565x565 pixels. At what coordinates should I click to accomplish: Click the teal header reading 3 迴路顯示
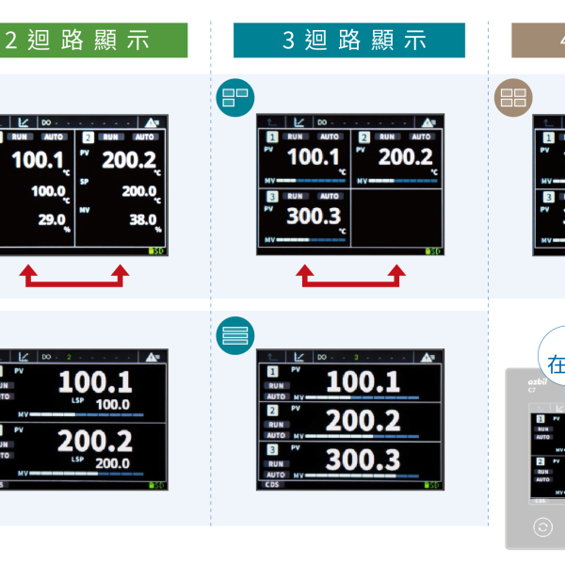(349, 40)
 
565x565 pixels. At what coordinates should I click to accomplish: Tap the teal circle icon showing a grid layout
(235, 96)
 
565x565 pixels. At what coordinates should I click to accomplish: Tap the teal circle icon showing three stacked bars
(235, 333)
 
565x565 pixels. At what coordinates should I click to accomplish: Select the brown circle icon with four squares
(513, 96)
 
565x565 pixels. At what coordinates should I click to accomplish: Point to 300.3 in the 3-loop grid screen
(314, 217)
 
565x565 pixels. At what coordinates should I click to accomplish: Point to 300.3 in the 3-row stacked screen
(363, 460)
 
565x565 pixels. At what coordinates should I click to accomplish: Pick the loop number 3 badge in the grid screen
(272, 196)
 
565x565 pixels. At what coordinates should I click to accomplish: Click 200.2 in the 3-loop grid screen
(405, 157)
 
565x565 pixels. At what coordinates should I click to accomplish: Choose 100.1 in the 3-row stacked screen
(363, 381)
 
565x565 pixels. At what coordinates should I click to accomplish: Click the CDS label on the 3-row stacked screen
(272, 485)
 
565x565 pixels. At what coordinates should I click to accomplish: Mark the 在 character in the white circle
(556, 363)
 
